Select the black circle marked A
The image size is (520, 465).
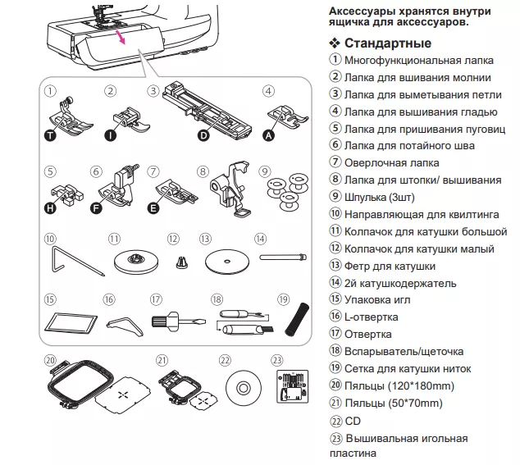[268, 137]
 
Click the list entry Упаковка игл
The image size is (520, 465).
[382, 300]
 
